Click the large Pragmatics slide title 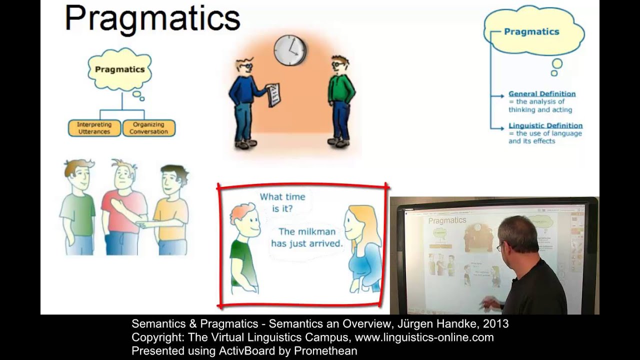[x=152, y=19]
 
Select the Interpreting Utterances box [x=94, y=128]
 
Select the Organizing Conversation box [x=148, y=128]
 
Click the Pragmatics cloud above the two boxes [x=119, y=70]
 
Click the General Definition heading [x=542, y=94]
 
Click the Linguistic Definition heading [x=545, y=125]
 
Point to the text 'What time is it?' [x=282, y=203]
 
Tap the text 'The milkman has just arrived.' [x=307, y=238]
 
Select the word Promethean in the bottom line [x=325, y=351]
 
